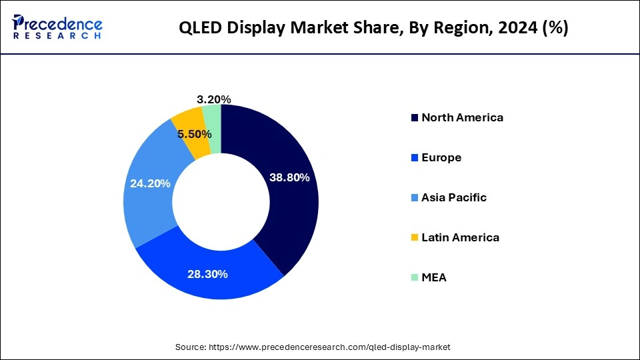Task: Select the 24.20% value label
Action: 150,183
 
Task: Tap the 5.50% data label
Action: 195,135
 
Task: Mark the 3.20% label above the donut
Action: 215,99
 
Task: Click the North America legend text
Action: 462,117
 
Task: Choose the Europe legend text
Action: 441,157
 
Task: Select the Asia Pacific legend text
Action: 454,197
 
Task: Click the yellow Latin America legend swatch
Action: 415,238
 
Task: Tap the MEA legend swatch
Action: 415,278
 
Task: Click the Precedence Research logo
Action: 57,27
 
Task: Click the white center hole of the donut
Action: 221,202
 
